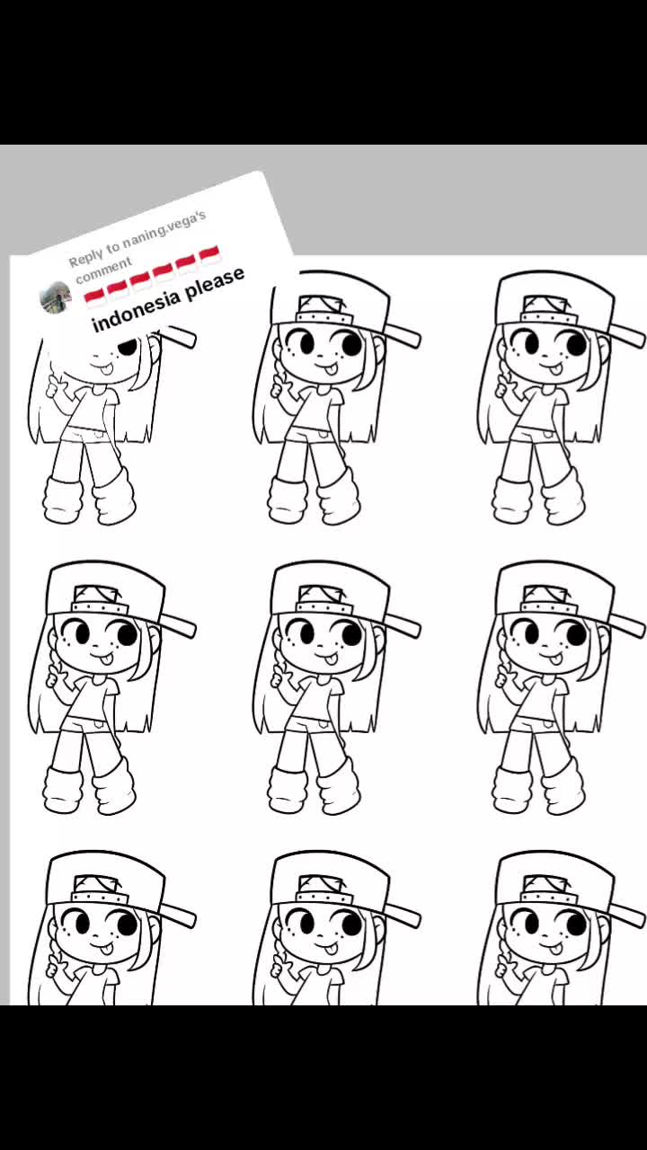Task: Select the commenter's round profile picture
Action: click(55, 296)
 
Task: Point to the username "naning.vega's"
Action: click(164, 226)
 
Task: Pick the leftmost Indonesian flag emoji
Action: click(95, 297)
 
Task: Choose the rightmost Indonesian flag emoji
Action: click(209, 255)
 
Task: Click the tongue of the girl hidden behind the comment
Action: click(105, 368)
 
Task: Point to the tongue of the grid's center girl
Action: click(331, 659)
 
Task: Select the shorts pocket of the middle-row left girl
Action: click(98, 725)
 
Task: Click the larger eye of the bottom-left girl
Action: click(127, 924)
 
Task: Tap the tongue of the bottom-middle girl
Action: click(331, 948)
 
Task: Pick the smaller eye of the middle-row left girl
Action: click(82, 632)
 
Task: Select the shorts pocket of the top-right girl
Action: click(547, 436)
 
